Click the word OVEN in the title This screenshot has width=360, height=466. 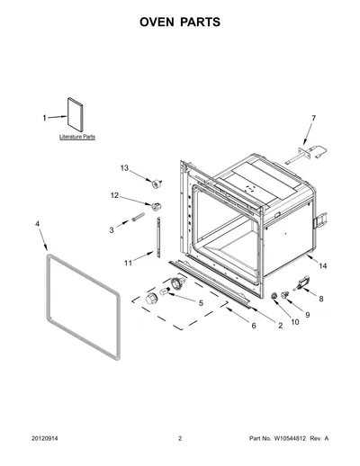coord(157,22)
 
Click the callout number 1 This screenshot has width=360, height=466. coord(44,118)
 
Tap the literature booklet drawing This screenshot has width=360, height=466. coord(75,114)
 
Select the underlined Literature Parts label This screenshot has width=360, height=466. coord(77,137)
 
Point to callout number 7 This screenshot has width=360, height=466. coord(314,118)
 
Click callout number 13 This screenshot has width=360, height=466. coord(124,168)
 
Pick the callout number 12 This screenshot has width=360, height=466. coord(114,195)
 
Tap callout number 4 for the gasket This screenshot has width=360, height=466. coord(37,224)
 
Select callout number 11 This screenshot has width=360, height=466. coord(128,263)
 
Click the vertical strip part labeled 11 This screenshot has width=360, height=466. coord(158,237)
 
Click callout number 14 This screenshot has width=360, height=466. coord(323,265)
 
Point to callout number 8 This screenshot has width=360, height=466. coord(321,299)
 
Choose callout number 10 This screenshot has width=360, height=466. coord(295,322)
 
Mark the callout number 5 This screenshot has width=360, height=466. coord(201,303)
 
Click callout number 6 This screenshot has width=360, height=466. coord(254,326)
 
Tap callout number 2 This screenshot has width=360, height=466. coord(280,326)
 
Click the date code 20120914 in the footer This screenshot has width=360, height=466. coord(45,438)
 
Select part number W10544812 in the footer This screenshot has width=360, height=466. coord(289,438)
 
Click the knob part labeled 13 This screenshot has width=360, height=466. coord(157,184)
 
